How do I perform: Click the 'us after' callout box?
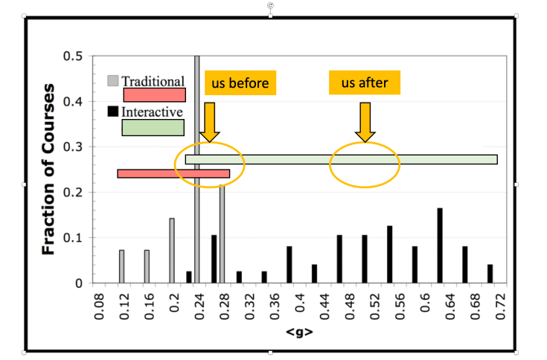[365, 82]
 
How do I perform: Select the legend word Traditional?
[153, 80]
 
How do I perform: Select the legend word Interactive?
[152, 112]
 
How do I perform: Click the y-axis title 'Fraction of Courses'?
[49, 170]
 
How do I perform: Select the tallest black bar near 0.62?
[440, 245]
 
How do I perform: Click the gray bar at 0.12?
[122, 266]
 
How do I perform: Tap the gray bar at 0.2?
[172, 251]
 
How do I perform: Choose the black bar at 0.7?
[490, 274]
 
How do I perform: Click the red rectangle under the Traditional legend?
[154, 95]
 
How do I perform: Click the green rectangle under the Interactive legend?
[153, 127]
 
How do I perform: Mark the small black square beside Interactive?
[113, 112]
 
